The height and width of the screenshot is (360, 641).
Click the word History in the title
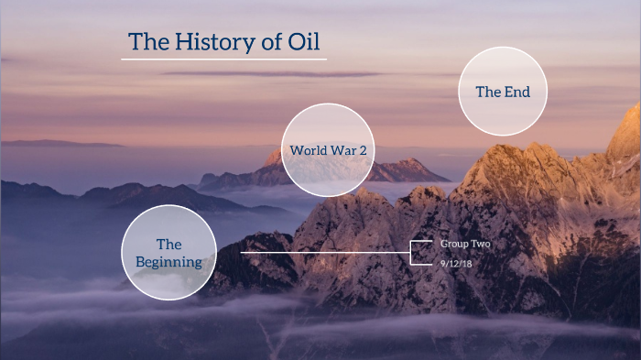tap(212, 42)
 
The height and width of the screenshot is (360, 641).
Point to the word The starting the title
tap(147, 42)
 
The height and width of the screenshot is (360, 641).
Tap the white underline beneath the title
tap(223, 60)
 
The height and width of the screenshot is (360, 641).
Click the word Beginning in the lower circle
tap(168, 262)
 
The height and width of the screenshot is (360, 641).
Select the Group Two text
tap(465, 245)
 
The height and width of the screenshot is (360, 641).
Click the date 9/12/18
tap(456, 264)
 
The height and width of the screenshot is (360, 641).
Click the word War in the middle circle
tap(343, 149)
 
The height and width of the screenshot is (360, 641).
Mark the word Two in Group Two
tap(479, 245)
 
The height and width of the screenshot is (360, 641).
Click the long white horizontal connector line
tap(320, 252)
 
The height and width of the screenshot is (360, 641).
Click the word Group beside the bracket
tap(453, 245)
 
